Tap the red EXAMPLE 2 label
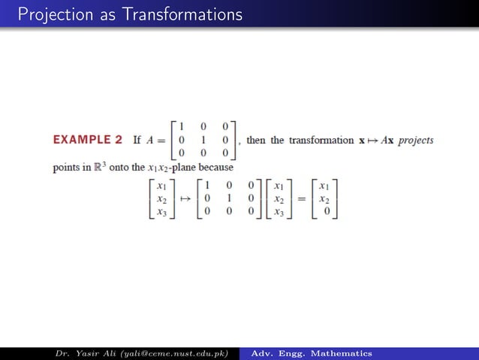[x=88, y=140]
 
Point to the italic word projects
[x=415, y=141]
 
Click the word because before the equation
[x=210, y=168]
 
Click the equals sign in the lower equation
[x=300, y=199]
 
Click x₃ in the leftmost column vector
[x=162, y=212]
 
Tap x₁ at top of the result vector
[x=324, y=186]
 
